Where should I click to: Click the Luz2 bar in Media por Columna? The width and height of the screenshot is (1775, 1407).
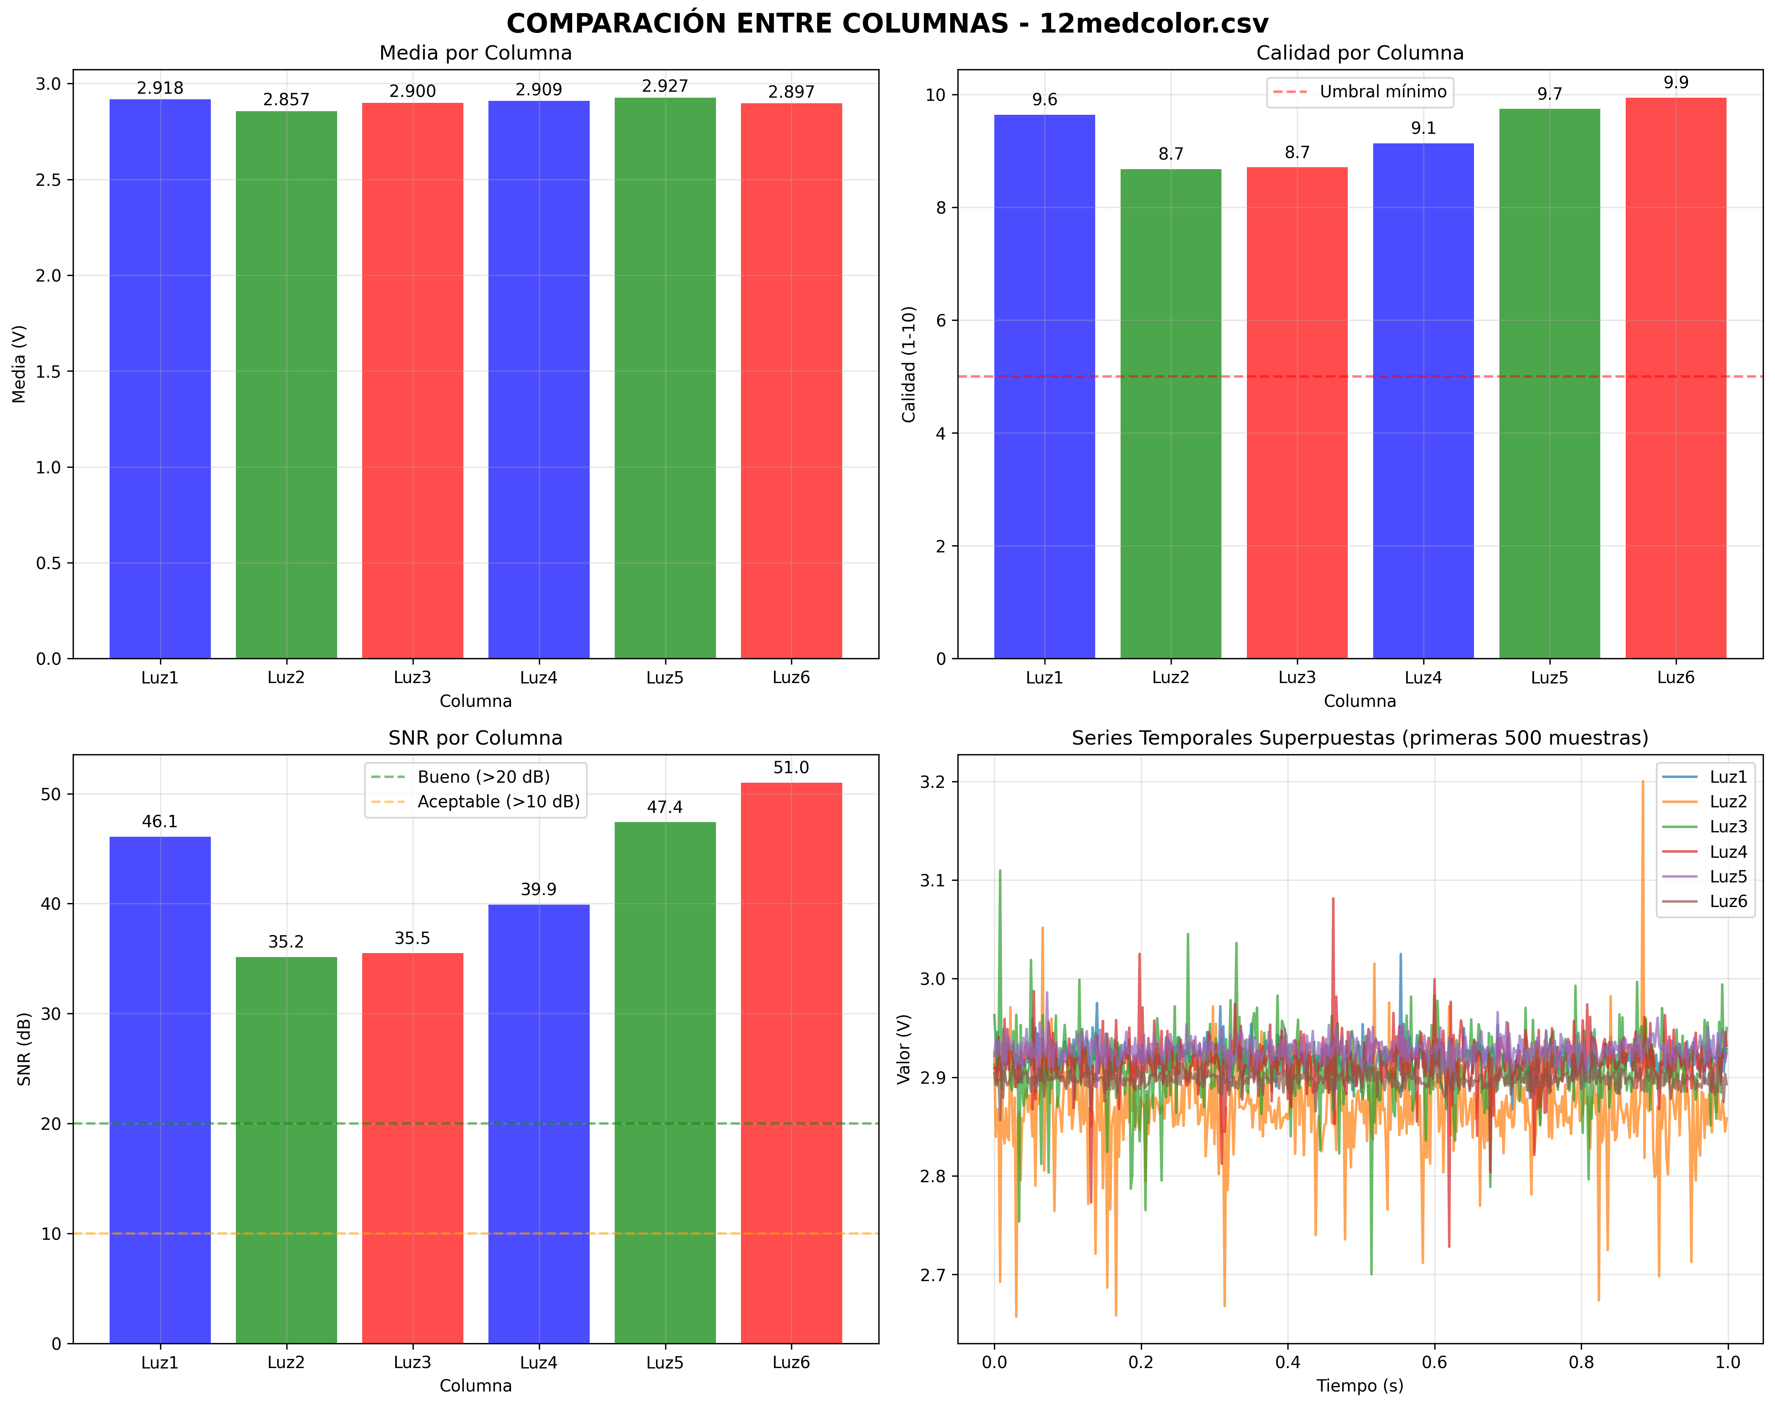click(x=287, y=387)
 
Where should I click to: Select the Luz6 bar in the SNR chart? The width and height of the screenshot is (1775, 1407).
click(x=791, y=1062)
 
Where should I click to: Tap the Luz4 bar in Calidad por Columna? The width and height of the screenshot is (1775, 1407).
click(x=1424, y=403)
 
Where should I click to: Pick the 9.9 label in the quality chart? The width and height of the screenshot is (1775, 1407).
click(x=1676, y=82)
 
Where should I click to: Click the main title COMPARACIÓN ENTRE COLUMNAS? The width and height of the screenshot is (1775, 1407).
click(x=887, y=23)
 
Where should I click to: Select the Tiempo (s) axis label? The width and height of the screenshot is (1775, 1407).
click(x=1360, y=1386)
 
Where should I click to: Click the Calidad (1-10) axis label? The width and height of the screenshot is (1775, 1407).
click(x=909, y=364)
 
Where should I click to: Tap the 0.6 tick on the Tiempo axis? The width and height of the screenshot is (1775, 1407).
click(x=1434, y=1363)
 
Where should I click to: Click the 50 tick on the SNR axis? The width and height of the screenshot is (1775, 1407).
click(x=51, y=795)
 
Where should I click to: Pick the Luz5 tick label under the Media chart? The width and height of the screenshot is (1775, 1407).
click(x=665, y=677)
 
